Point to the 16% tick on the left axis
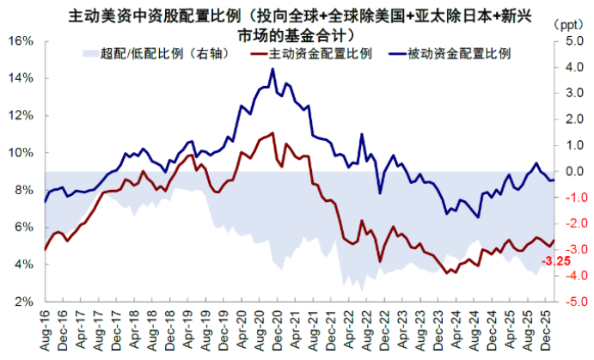point(21,41)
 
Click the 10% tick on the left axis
point(21,153)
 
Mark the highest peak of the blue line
point(273,70)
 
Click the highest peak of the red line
point(273,132)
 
